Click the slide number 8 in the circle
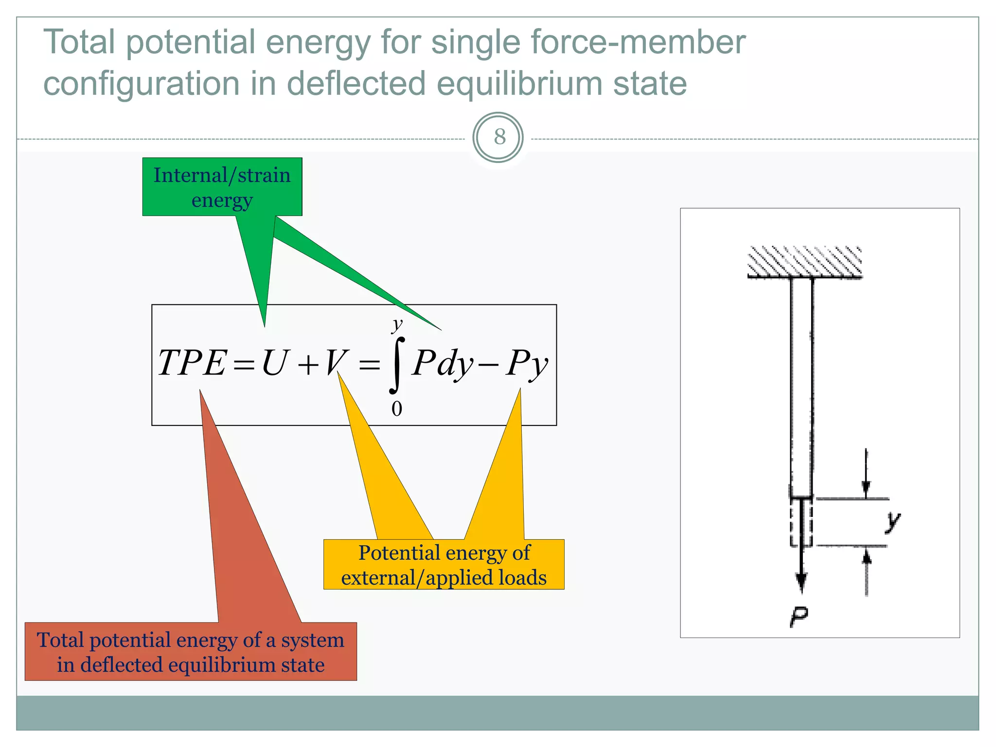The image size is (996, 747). pos(499,137)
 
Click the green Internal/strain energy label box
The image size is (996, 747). pos(222,187)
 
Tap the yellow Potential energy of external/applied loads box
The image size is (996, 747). pos(444,565)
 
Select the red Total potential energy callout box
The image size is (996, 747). pos(191,652)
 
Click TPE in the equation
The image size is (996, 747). pos(192,363)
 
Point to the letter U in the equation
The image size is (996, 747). pos(275,363)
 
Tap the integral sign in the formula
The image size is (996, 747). pos(396,365)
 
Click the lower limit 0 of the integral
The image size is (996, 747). pos(397,409)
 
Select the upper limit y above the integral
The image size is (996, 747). pos(398,324)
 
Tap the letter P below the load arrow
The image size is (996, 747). pos(799,617)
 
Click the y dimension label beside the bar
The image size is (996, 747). pos(892,521)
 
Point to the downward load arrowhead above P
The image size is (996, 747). pos(801,581)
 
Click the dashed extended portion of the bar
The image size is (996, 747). pos(801,523)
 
